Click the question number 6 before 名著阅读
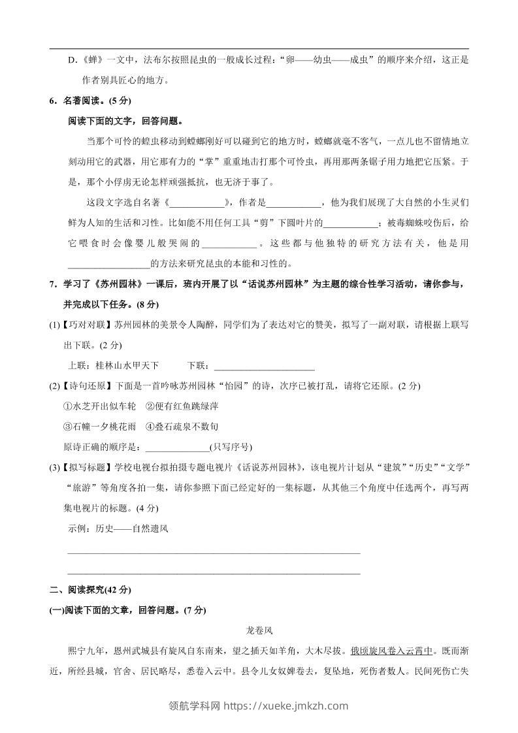tap(54, 101)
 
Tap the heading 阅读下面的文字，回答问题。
tap(125, 121)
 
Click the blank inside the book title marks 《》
tap(197, 203)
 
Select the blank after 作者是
tap(294, 203)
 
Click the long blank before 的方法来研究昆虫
tap(108, 264)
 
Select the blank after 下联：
tap(264, 365)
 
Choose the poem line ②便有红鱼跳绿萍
tap(182, 406)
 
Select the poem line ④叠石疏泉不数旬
tap(182, 427)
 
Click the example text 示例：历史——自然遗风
tap(118, 529)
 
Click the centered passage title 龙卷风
tap(259, 631)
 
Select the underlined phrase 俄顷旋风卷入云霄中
tap(392, 651)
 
